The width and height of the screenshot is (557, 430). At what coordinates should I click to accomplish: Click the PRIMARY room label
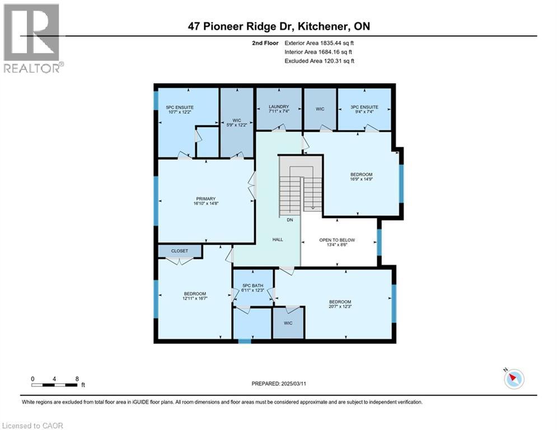pyautogui.click(x=202, y=198)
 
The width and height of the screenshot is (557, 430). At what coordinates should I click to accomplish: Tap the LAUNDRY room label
pyautogui.click(x=278, y=106)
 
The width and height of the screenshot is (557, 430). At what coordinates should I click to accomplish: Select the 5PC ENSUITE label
pyautogui.click(x=180, y=106)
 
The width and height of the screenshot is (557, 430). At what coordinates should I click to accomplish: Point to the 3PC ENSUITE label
pyautogui.click(x=365, y=106)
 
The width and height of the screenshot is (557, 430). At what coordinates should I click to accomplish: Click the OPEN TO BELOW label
pyautogui.click(x=337, y=240)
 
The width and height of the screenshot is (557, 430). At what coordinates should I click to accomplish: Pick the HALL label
pyautogui.click(x=278, y=240)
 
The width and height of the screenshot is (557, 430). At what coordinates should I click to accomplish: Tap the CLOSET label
pyautogui.click(x=179, y=251)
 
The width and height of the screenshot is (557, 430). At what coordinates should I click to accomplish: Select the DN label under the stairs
pyautogui.click(x=290, y=220)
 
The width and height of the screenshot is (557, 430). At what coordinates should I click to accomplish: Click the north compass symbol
pyautogui.click(x=513, y=379)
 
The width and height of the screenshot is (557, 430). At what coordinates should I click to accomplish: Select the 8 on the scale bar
pyautogui.click(x=76, y=378)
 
